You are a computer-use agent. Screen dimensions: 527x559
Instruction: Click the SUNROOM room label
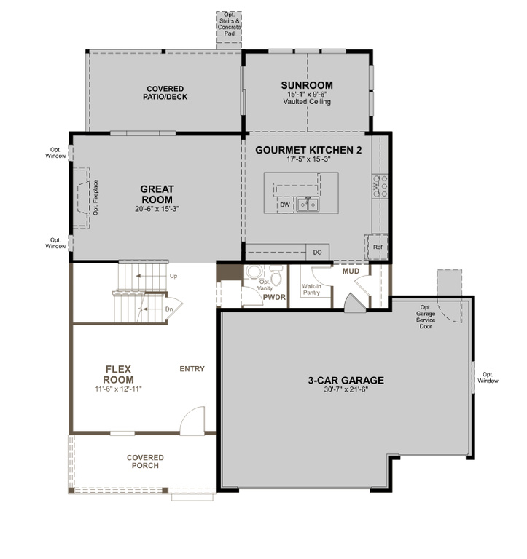pos(307,85)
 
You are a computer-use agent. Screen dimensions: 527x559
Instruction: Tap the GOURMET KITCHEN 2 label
pos(308,150)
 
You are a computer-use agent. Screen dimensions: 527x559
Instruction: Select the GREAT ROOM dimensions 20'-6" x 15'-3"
pos(157,209)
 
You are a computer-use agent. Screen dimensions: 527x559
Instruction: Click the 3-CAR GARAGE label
pos(346,381)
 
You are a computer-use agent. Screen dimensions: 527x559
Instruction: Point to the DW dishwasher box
pos(285,205)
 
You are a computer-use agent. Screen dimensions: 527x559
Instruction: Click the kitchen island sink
pos(308,205)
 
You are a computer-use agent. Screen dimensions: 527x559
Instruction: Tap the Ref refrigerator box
pos(377,247)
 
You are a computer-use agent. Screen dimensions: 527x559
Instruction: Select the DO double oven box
pos(317,252)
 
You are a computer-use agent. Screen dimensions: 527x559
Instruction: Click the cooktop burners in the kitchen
pos(380,186)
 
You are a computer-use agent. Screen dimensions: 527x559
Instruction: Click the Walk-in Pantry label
pos(311,289)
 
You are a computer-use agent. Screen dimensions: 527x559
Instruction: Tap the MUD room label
pos(351,271)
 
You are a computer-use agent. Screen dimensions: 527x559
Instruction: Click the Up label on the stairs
pos(173,276)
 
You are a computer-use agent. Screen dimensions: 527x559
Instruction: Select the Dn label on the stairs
pos(169,309)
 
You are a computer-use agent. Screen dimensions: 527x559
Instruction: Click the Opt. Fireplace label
pos(95,197)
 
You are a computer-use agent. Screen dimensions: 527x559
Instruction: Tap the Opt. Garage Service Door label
pos(426,317)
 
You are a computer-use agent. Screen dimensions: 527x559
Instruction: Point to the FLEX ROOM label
pos(118,374)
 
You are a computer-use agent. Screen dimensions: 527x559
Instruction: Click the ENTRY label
pos(192,369)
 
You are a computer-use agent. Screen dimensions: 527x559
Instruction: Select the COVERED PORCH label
pos(145,461)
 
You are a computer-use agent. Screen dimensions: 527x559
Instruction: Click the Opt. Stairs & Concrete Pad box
pos(229,30)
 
